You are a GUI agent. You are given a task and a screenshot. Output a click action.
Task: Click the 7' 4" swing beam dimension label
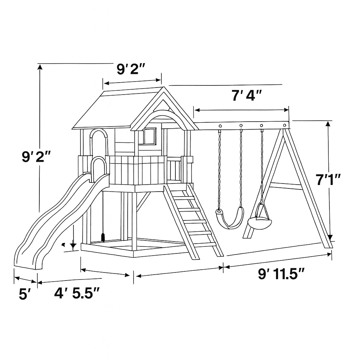pyautogui.click(x=246, y=95)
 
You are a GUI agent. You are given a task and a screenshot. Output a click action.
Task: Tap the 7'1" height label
pyautogui.click(x=328, y=179)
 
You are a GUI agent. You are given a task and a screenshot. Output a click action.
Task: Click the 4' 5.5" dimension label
pyautogui.click(x=77, y=293)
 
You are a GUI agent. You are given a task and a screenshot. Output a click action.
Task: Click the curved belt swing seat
pyautogui.click(x=230, y=218)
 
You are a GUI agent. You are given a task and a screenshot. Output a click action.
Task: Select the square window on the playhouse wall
pyautogui.click(x=149, y=136)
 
